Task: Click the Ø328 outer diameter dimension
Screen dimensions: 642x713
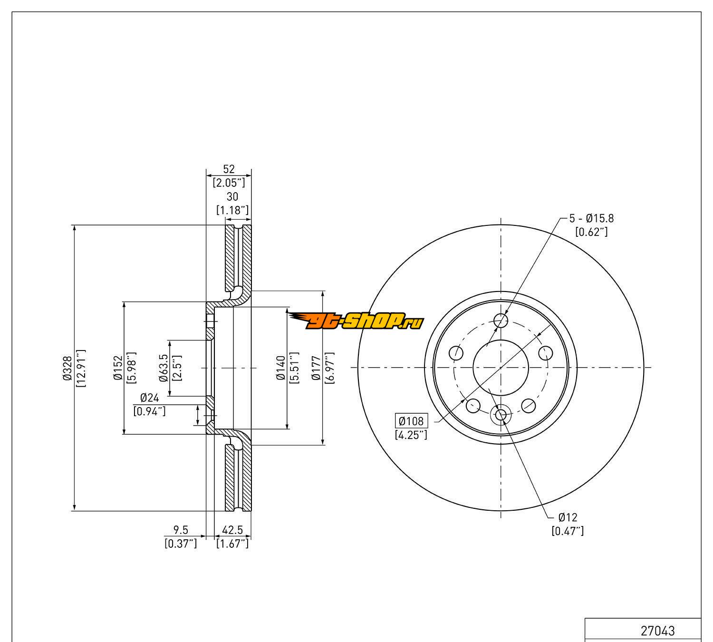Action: pos(67,368)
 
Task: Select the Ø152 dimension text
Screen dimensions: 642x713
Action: pos(118,368)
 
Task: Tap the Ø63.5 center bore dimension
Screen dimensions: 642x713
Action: pos(164,368)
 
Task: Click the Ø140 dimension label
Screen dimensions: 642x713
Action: pos(280,368)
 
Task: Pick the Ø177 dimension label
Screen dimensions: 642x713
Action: pos(316,368)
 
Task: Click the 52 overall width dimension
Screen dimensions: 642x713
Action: pos(229,169)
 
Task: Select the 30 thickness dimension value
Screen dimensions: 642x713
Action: pos(232,196)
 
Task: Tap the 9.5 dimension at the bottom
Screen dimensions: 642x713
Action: pos(181,529)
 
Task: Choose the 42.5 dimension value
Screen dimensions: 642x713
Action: pos(232,529)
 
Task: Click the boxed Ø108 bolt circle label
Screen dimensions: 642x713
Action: pos(411,421)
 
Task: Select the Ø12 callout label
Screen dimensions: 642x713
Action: pos(568,517)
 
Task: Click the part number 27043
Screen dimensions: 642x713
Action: pos(657,631)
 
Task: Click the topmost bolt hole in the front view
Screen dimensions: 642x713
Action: pos(501,320)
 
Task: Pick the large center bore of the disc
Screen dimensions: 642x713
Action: pos(501,367)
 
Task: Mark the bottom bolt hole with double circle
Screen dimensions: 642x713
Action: pos(501,415)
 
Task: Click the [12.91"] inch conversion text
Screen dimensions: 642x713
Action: pos(80,368)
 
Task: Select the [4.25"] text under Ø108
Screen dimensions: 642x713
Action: pos(411,434)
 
